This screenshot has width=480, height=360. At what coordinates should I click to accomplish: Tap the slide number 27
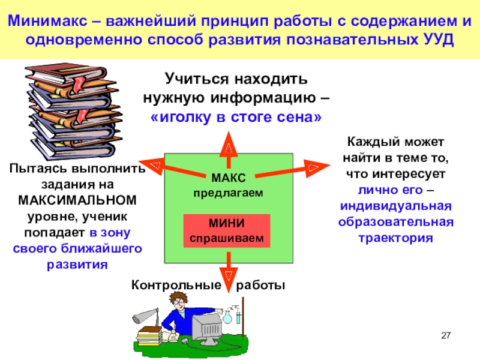click(445, 335)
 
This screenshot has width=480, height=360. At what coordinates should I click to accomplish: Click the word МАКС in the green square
click(227, 178)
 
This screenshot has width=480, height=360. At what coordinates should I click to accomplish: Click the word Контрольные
click(172, 285)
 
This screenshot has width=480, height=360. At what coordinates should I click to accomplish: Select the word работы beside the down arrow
click(259, 285)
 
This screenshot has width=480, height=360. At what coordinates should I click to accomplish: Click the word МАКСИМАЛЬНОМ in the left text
click(77, 199)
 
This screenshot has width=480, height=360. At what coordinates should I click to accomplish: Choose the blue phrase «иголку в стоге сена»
click(236, 116)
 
